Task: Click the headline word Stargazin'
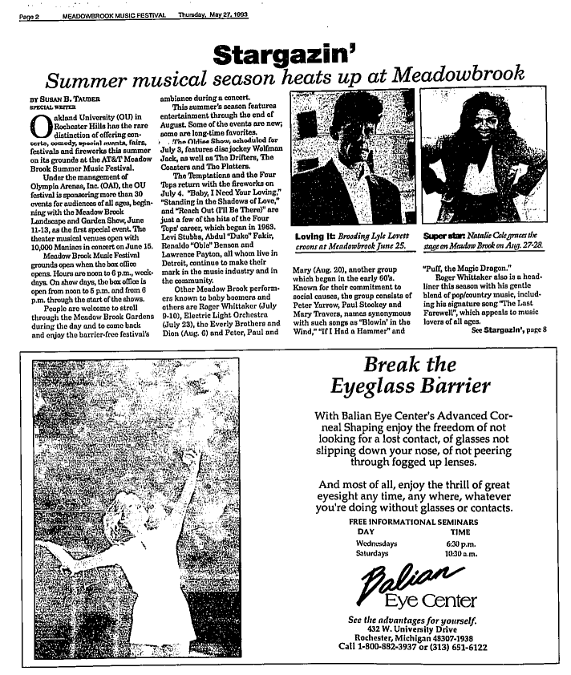285,55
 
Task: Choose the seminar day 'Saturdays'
371,553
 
